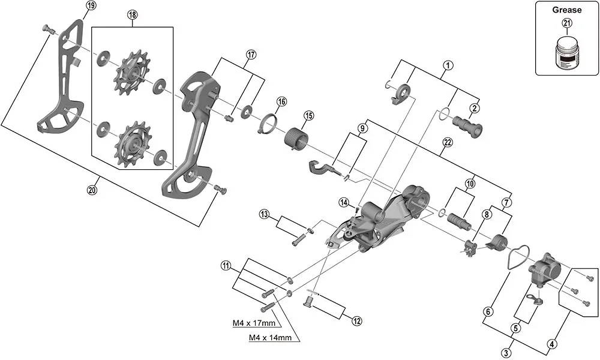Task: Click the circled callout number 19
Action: pyautogui.click(x=91, y=6)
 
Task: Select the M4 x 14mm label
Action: pyautogui.click(x=271, y=338)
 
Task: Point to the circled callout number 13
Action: pyautogui.click(x=264, y=214)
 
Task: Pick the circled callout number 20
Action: pyautogui.click(x=91, y=190)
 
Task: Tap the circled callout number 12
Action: pyautogui.click(x=357, y=321)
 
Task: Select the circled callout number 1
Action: pyautogui.click(x=447, y=65)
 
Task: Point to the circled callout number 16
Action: pyautogui.click(x=281, y=101)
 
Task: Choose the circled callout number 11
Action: pyautogui.click(x=225, y=266)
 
